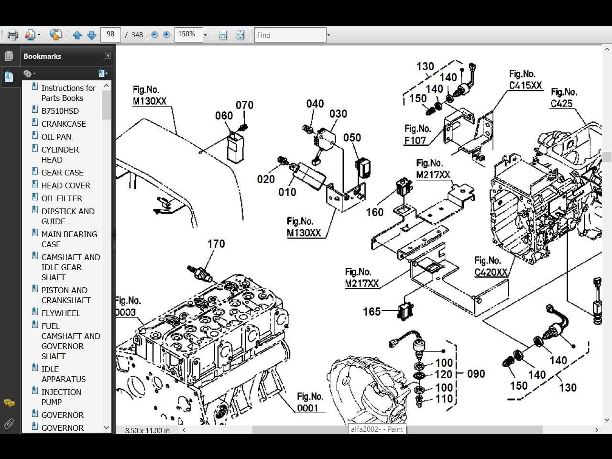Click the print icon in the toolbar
point(12,35)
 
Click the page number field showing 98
point(110,34)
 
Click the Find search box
point(290,35)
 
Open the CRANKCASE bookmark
point(64,124)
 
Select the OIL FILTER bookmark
point(62,198)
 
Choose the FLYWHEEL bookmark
point(61,313)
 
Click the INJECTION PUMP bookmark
point(61,397)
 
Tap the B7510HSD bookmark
point(60,111)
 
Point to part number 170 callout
point(216,244)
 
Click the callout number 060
point(224,116)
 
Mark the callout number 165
point(372,312)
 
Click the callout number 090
point(476,374)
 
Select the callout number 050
point(352,138)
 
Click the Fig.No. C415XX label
point(525,80)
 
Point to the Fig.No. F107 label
point(417,134)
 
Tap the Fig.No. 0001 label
point(309,402)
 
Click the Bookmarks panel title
point(42,56)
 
